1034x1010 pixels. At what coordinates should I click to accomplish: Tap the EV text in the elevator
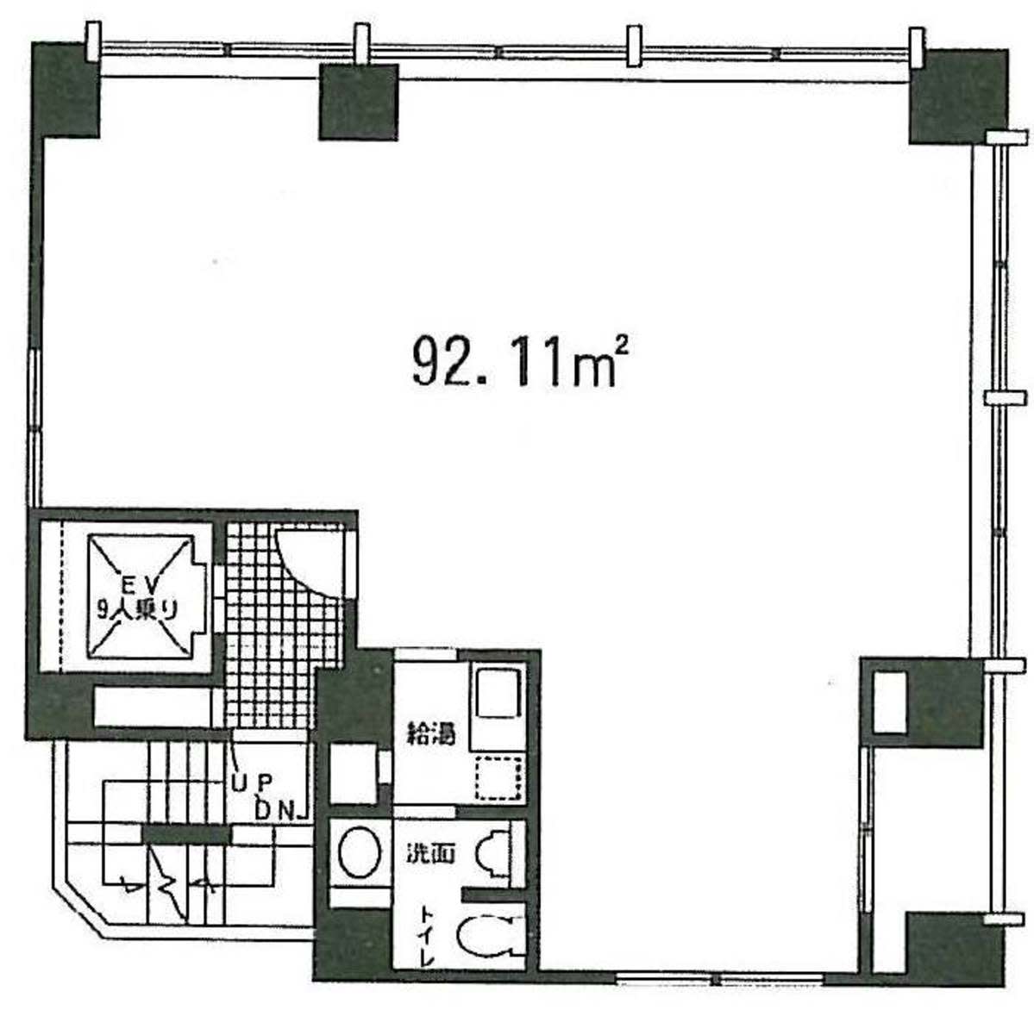pyautogui.click(x=140, y=583)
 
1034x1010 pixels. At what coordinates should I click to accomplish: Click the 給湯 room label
pyautogui.click(x=432, y=733)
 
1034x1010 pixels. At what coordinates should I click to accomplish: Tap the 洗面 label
pyautogui.click(x=430, y=853)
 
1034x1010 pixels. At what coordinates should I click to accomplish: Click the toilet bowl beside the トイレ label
pyautogui.click(x=489, y=935)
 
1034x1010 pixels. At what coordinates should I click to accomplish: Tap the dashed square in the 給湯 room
pyautogui.click(x=499, y=778)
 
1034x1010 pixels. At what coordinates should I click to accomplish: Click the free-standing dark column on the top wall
pyautogui.click(x=359, y=102)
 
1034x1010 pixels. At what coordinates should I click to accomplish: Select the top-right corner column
pyautogui.click(x=957, y=96)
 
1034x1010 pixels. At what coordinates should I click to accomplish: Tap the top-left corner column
pyautogui.click(x=66, y=90)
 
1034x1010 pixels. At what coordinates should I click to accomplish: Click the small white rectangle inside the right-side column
pyautogui.click(x=890, y=701)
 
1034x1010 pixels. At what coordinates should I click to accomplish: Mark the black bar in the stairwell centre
pyautogui.click(x=186, y=834)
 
